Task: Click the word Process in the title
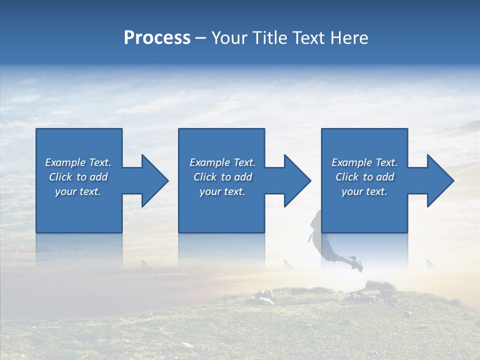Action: pyautogui.click(x=157, y=38)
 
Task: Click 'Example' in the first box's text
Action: pyautogui.click(x=65, y=162)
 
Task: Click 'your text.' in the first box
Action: pyautogui.click(x=78, y=191)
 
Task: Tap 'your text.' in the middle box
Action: pyautogui.click(x=222, y=191)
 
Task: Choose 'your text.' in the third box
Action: pyautogui.click(x=364, y=191)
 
